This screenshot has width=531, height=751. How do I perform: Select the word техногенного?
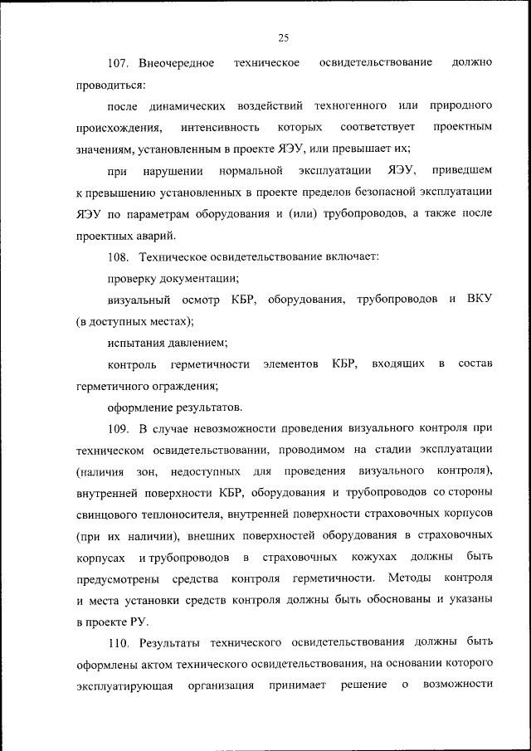point(350,107)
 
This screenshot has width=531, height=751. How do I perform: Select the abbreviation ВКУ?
point(480,299)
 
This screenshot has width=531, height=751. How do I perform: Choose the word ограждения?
point(180,386)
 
